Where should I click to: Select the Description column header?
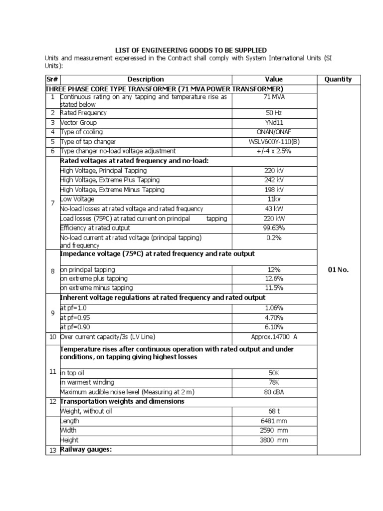click(x=146, y=79)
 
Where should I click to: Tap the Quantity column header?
click(x=338, y=79)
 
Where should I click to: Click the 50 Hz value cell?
click(x=274, y=113)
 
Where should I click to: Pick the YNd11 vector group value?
click(x=274, y=122)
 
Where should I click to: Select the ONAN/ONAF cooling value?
click(x=274, y=132)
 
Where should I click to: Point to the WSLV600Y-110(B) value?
click(x=274, y=141)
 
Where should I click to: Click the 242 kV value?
click(x=274, y=180)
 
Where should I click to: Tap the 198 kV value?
click(x=274, y=190)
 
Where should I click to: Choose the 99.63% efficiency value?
click(x=274, y=228)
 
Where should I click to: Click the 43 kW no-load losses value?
click(x=274, y=209)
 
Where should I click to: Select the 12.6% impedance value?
click(x=274, y=278)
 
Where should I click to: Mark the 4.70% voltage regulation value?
click(x=274, y=317)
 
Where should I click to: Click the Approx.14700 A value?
click(x=274, y=337)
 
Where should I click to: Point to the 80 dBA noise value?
click(x=274, y=392)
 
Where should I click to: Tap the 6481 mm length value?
click(x=274, y=421)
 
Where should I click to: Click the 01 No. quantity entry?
click(x=338, y=270)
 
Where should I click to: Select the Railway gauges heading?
click(x=85, y=450)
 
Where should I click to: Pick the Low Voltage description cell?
click(x=77, y=199)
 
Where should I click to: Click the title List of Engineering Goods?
click(x=191, y=50)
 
